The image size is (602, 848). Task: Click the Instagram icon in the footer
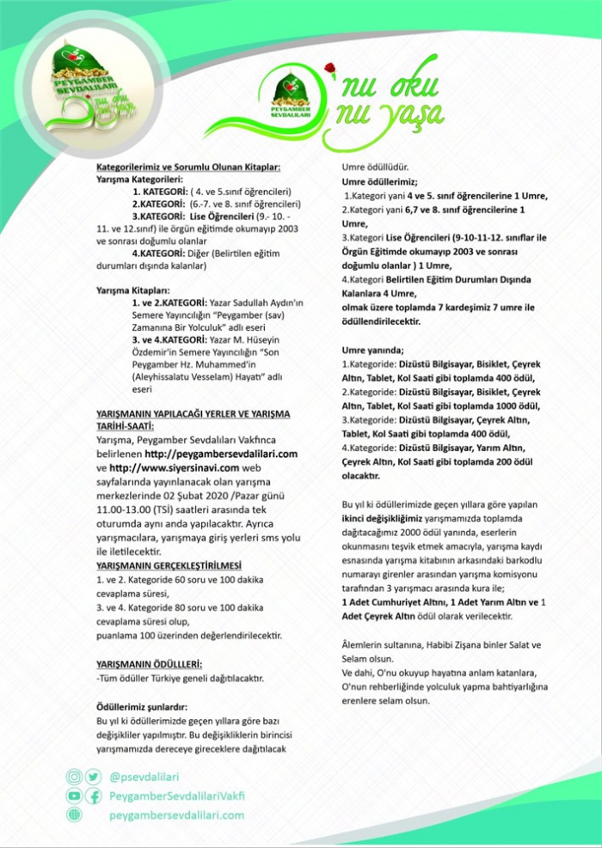(75, 777)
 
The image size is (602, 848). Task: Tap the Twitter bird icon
(93, 777)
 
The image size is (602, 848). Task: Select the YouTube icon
(75, 796)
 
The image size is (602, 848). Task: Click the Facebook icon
(93, 796)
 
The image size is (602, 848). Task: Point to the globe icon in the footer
(75, 815)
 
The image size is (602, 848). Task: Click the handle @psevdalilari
(144, 777)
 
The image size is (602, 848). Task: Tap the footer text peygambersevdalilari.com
(176, 815)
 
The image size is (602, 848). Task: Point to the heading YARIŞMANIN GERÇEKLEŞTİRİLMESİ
(169, 566)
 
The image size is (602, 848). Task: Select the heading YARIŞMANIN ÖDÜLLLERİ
(150, 664)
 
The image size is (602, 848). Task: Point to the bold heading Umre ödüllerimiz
(379, 182)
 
